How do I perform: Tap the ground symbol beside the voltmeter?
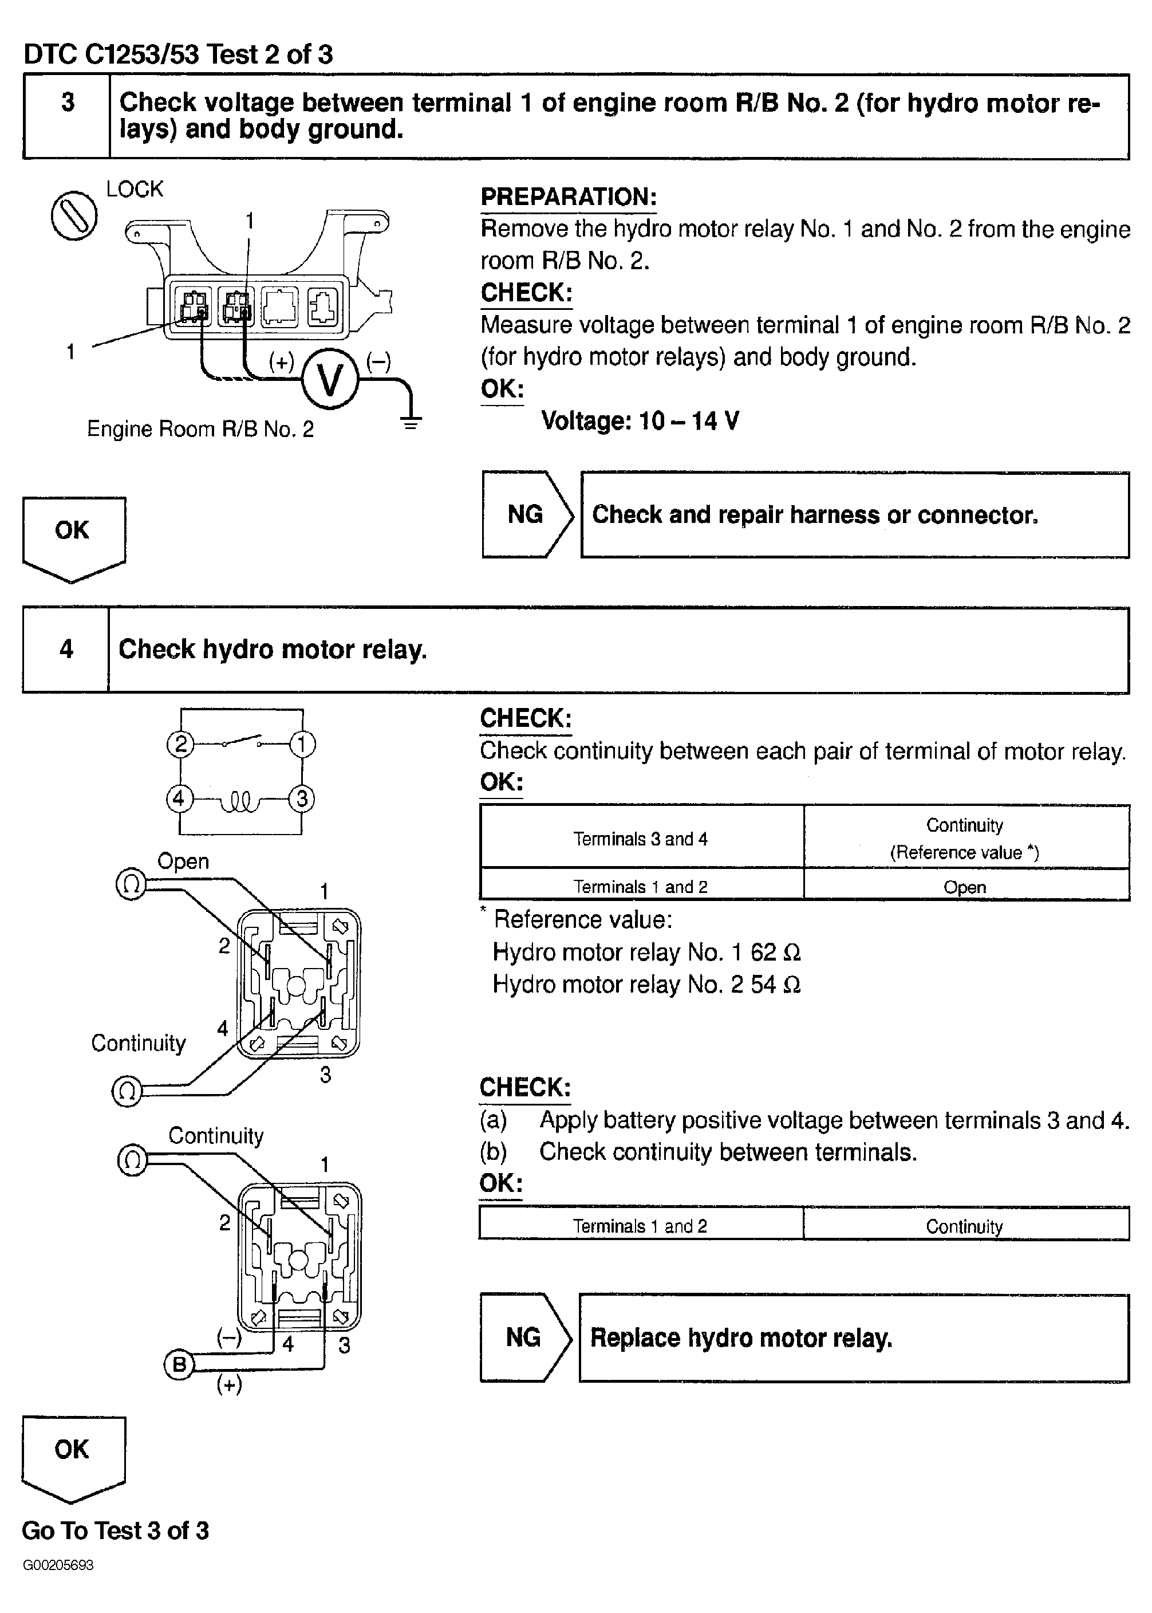411,423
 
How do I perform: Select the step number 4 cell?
66,650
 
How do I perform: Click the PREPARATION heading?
568,196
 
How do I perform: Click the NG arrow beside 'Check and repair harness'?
526,514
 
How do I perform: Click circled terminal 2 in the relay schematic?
180,745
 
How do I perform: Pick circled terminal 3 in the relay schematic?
302,799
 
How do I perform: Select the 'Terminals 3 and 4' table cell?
641,839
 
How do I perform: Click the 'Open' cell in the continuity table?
965,887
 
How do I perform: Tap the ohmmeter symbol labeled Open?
131,885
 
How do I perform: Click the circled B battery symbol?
179,1364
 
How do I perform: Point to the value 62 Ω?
775,953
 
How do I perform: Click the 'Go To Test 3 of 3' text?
115,1531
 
